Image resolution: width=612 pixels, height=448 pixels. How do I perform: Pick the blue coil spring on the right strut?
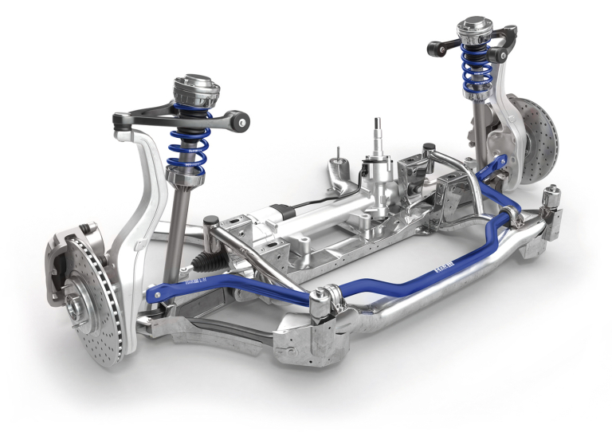pos(477,66)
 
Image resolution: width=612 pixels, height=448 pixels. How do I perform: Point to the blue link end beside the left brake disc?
pos(156,294)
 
